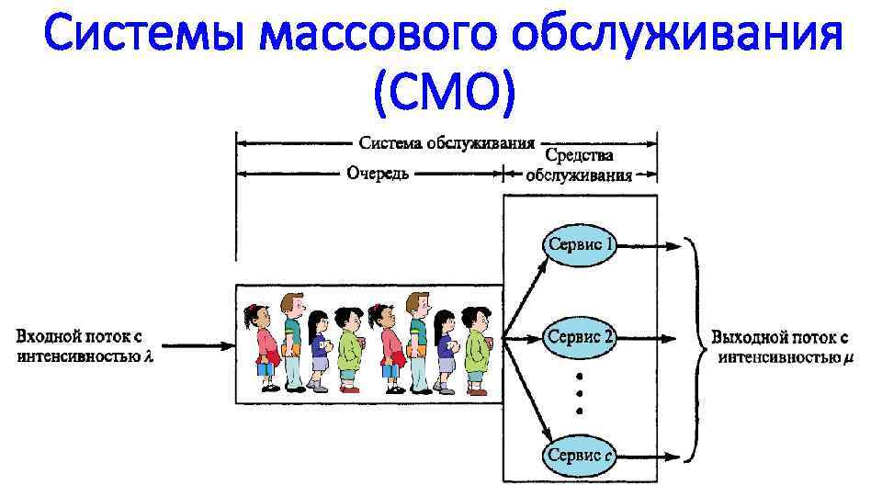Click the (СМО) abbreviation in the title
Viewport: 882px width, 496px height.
(x=441, y=92)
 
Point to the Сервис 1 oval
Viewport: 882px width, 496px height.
(x=580, y=245)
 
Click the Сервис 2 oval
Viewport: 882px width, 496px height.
(x=580, y=337)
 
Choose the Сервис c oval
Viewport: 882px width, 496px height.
(x=580, y=455)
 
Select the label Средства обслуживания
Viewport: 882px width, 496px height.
(x=579, y=165)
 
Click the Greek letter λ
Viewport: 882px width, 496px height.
(x=148, y=357)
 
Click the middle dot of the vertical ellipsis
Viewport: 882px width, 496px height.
(x=580, y=393)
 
